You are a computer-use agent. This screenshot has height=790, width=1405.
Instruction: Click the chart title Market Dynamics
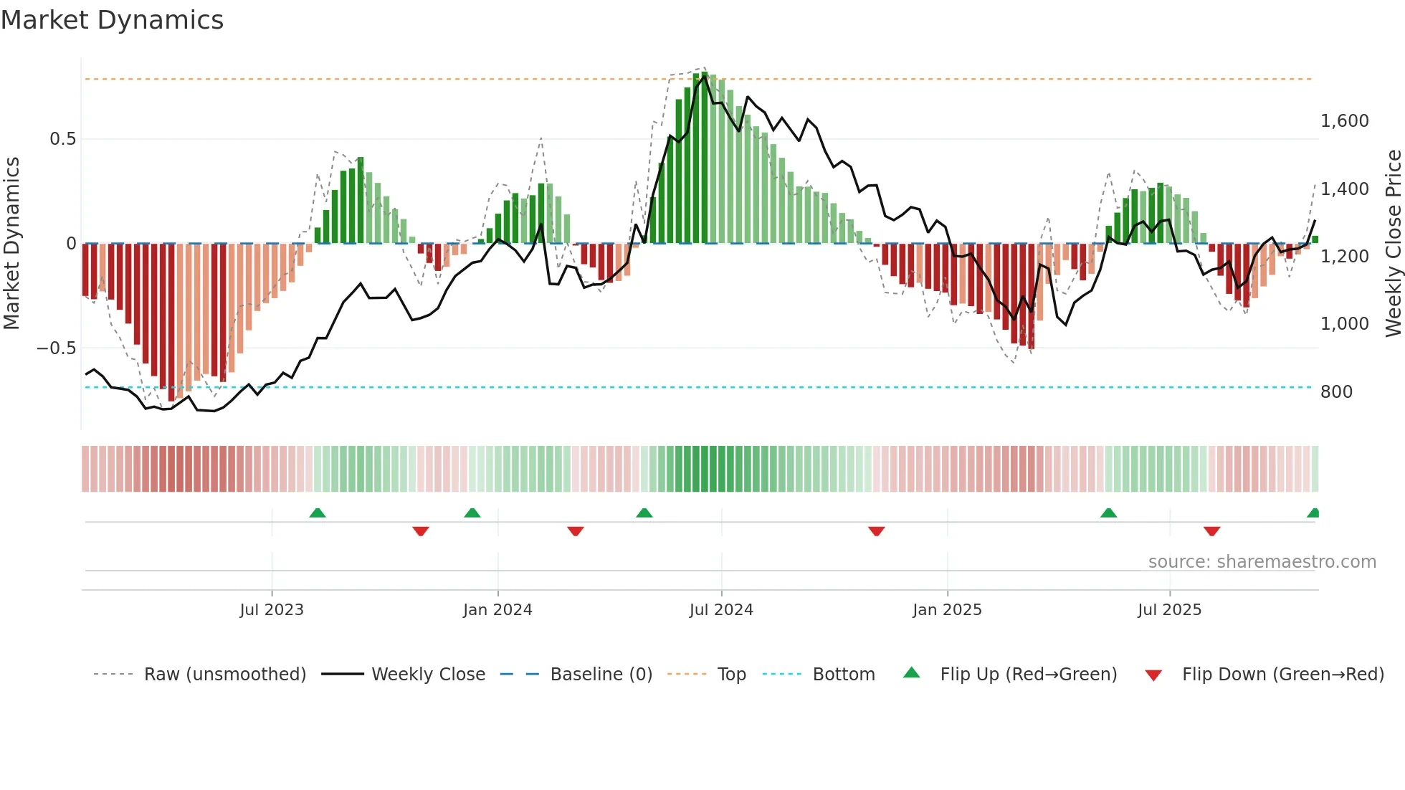[112, 20]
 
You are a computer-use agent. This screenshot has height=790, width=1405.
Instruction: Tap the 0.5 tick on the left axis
[62, 139]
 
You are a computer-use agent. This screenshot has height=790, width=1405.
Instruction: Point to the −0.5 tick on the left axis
[56, 348]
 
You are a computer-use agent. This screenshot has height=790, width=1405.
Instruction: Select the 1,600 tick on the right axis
[1344, 121]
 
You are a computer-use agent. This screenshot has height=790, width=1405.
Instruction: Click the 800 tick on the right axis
[1336, 392]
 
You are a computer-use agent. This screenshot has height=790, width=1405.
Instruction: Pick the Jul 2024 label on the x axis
[721, 610]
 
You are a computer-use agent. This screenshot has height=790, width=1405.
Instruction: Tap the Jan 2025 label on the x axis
[947, 610]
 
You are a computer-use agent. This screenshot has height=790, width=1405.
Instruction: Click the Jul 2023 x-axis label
[272, 610]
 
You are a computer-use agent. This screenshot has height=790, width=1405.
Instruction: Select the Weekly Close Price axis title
[1393, 244]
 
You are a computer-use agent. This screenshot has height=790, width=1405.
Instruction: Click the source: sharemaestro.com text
[1262, 562]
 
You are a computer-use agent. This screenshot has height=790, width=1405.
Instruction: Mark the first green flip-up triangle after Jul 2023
[318, 513]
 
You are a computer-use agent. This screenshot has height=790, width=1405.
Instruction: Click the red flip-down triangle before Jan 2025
[876, 531]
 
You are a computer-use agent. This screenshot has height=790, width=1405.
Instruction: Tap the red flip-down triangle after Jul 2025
[1211, 531]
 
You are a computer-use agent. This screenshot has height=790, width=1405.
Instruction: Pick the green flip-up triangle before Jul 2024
[644, 513]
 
